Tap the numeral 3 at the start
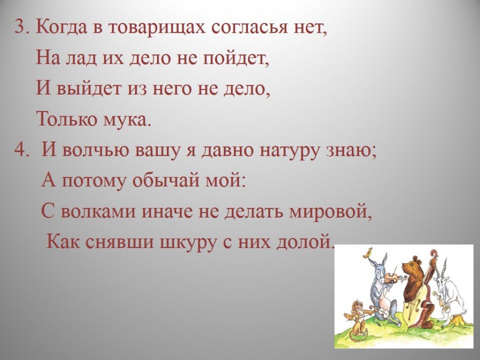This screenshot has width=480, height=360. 19,28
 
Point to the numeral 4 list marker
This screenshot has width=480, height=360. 20,150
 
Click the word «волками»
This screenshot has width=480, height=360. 98,211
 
